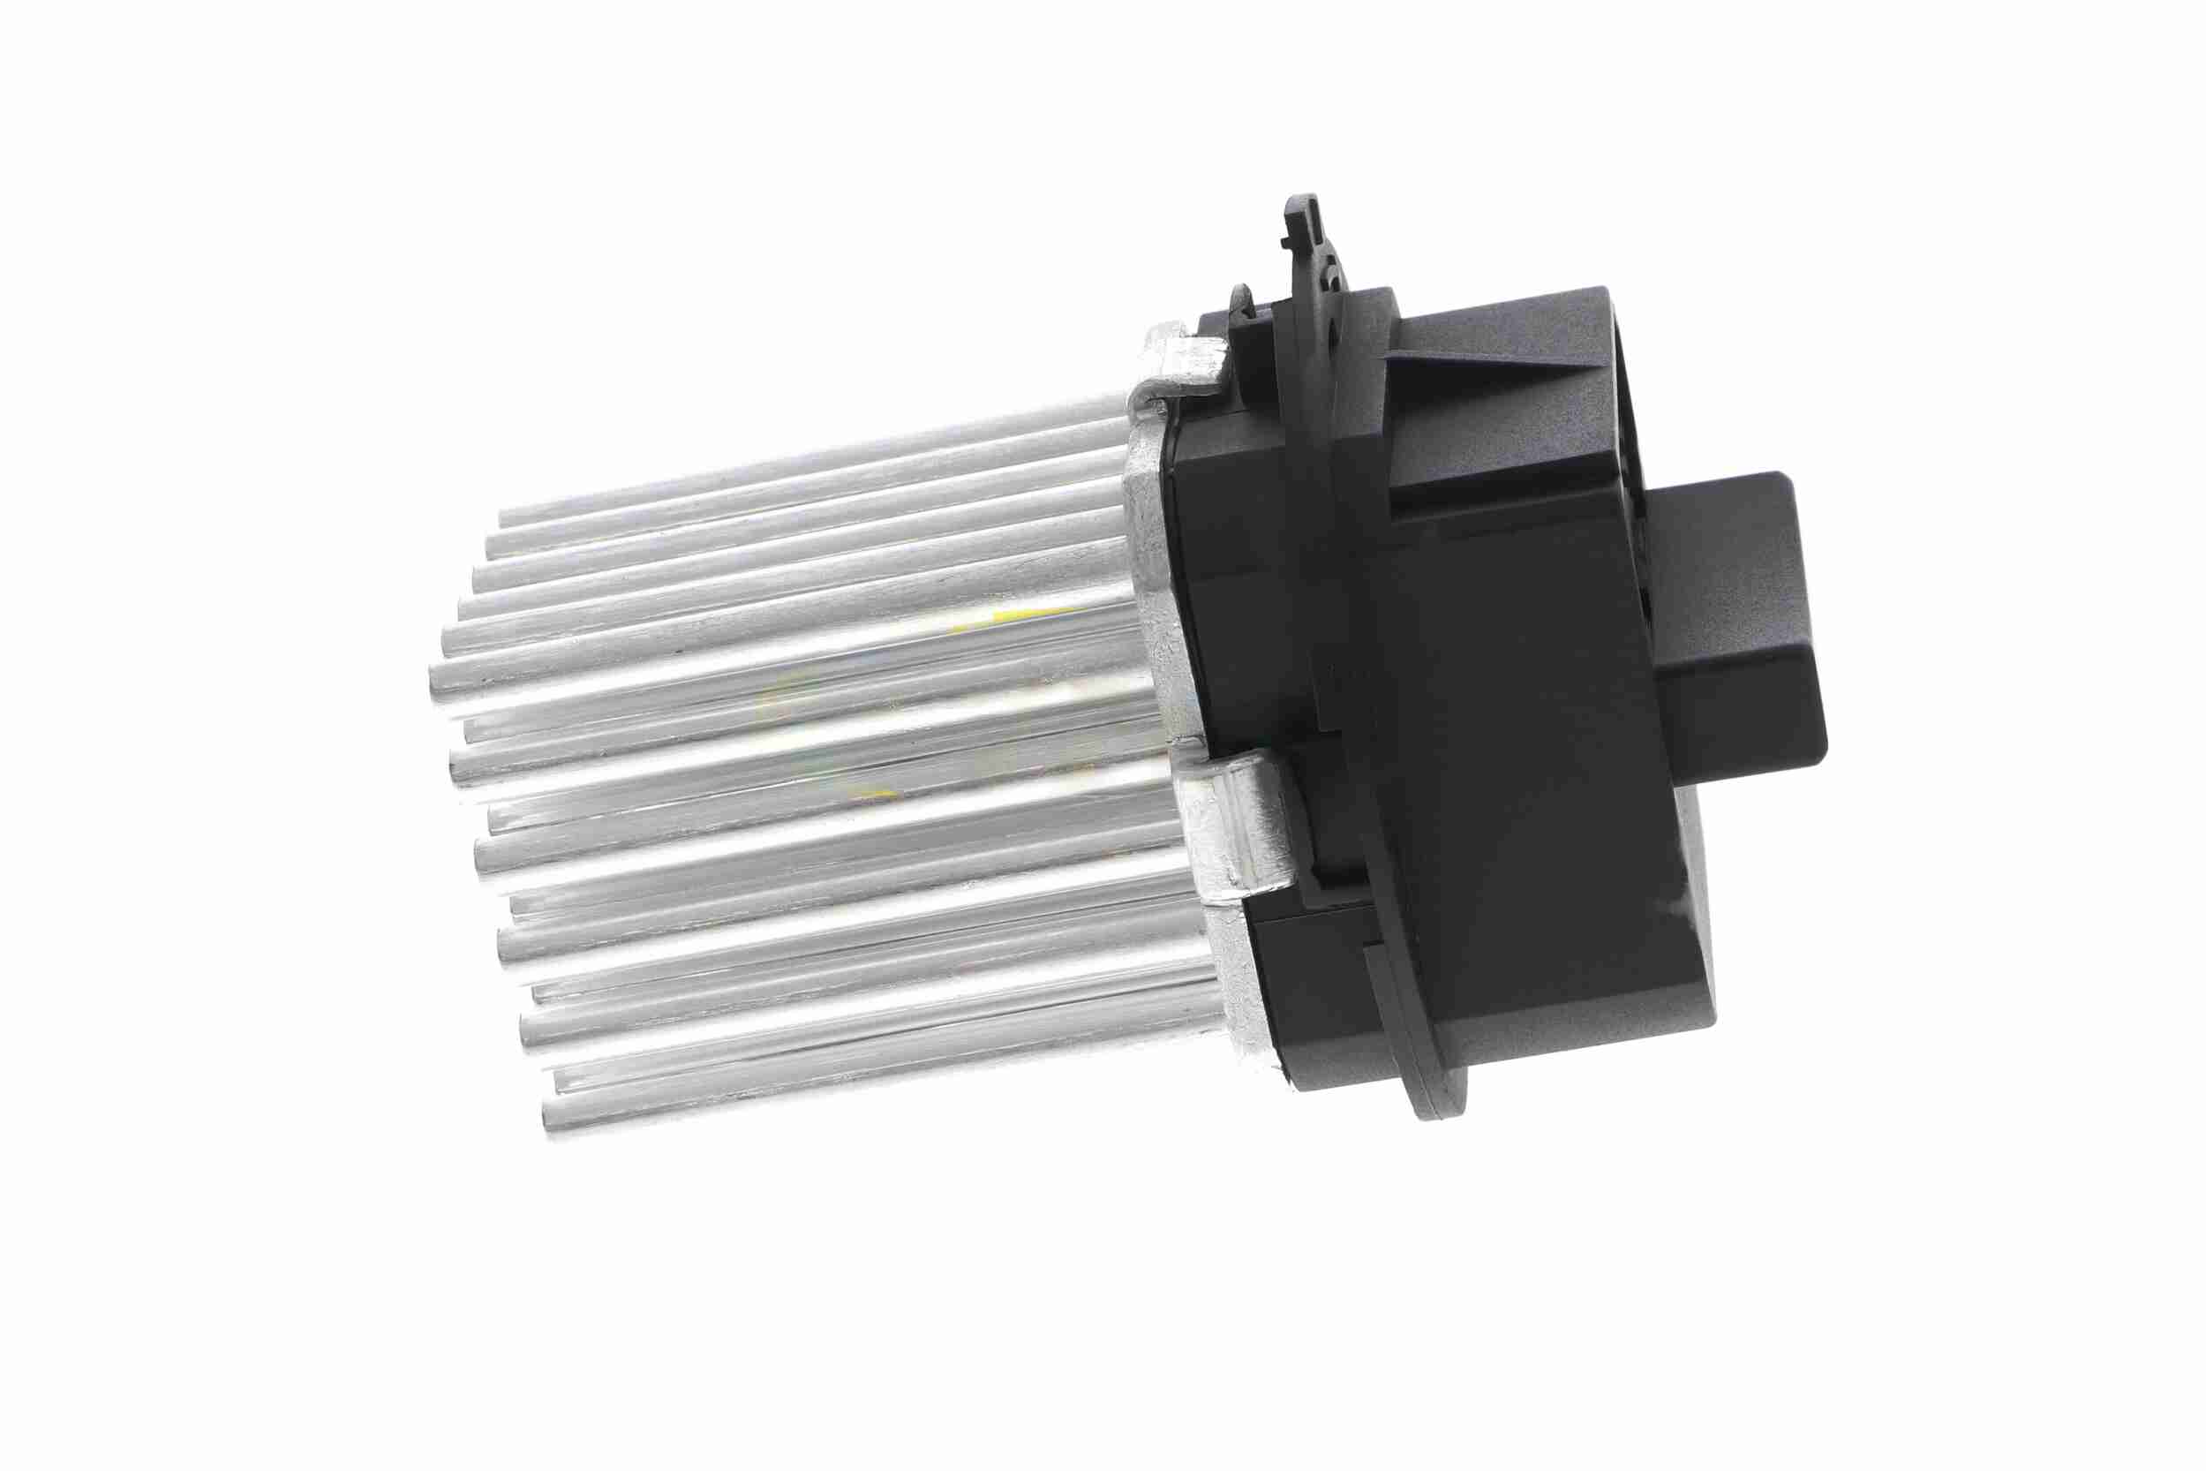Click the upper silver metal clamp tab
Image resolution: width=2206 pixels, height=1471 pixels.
[x=1186, y=361]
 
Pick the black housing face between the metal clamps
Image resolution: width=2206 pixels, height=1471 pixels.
[x=1238, y=600]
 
